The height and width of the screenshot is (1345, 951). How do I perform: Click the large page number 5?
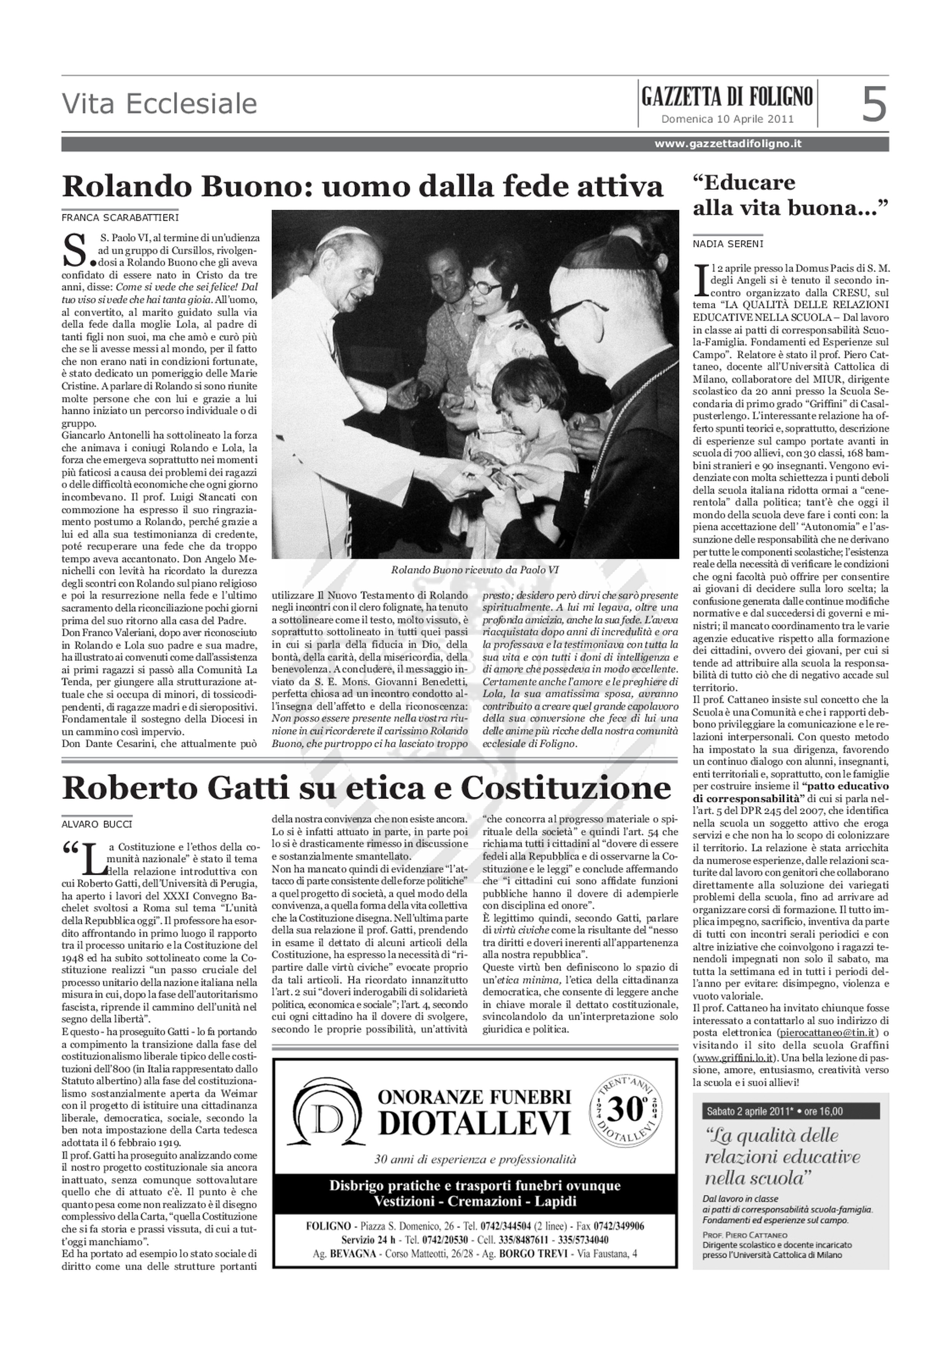pyautogui.click(x=874, y=104)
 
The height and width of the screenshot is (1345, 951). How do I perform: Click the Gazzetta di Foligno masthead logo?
pyautogui.click(x=727, y=96)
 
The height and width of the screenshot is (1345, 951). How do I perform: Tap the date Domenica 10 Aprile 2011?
pyautogui.click(x=727, y=119)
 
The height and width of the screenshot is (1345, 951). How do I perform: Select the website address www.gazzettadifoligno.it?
pyautogui.click(x=728, y=143)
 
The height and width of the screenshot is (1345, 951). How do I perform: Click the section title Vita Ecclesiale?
pyautogui.click(x=160, y=104)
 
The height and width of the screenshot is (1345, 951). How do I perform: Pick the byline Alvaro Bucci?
pyautogui.click(x=97, y=824)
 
